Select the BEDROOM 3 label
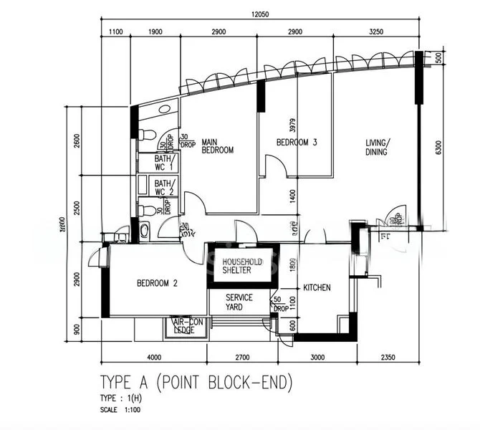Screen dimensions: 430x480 point(297,143)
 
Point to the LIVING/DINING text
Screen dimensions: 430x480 point(375,147)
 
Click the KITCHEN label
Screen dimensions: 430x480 point(317,287)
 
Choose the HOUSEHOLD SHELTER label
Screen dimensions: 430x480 point(241,266)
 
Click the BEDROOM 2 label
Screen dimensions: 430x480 point(157,283)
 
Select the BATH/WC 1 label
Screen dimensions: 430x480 point(165,162)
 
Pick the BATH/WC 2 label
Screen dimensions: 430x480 point(165,187)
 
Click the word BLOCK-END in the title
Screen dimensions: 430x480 point(246,383)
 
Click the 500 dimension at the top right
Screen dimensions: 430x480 point(438,58)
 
